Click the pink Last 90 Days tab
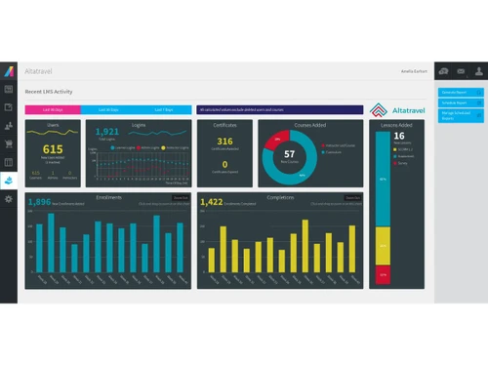(x=52, y=109)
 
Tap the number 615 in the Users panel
(x=53, y=148)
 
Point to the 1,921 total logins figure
(x=107, y=132)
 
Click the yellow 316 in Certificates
(x=224, y=142)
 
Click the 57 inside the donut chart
(x=289, y=154)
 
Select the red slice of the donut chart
(x=274, y=140)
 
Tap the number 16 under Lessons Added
(x=398, y=136)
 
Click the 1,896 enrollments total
(x=40, y=202)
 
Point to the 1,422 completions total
(x=212, y=202)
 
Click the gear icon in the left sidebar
(x=9, y=199)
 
